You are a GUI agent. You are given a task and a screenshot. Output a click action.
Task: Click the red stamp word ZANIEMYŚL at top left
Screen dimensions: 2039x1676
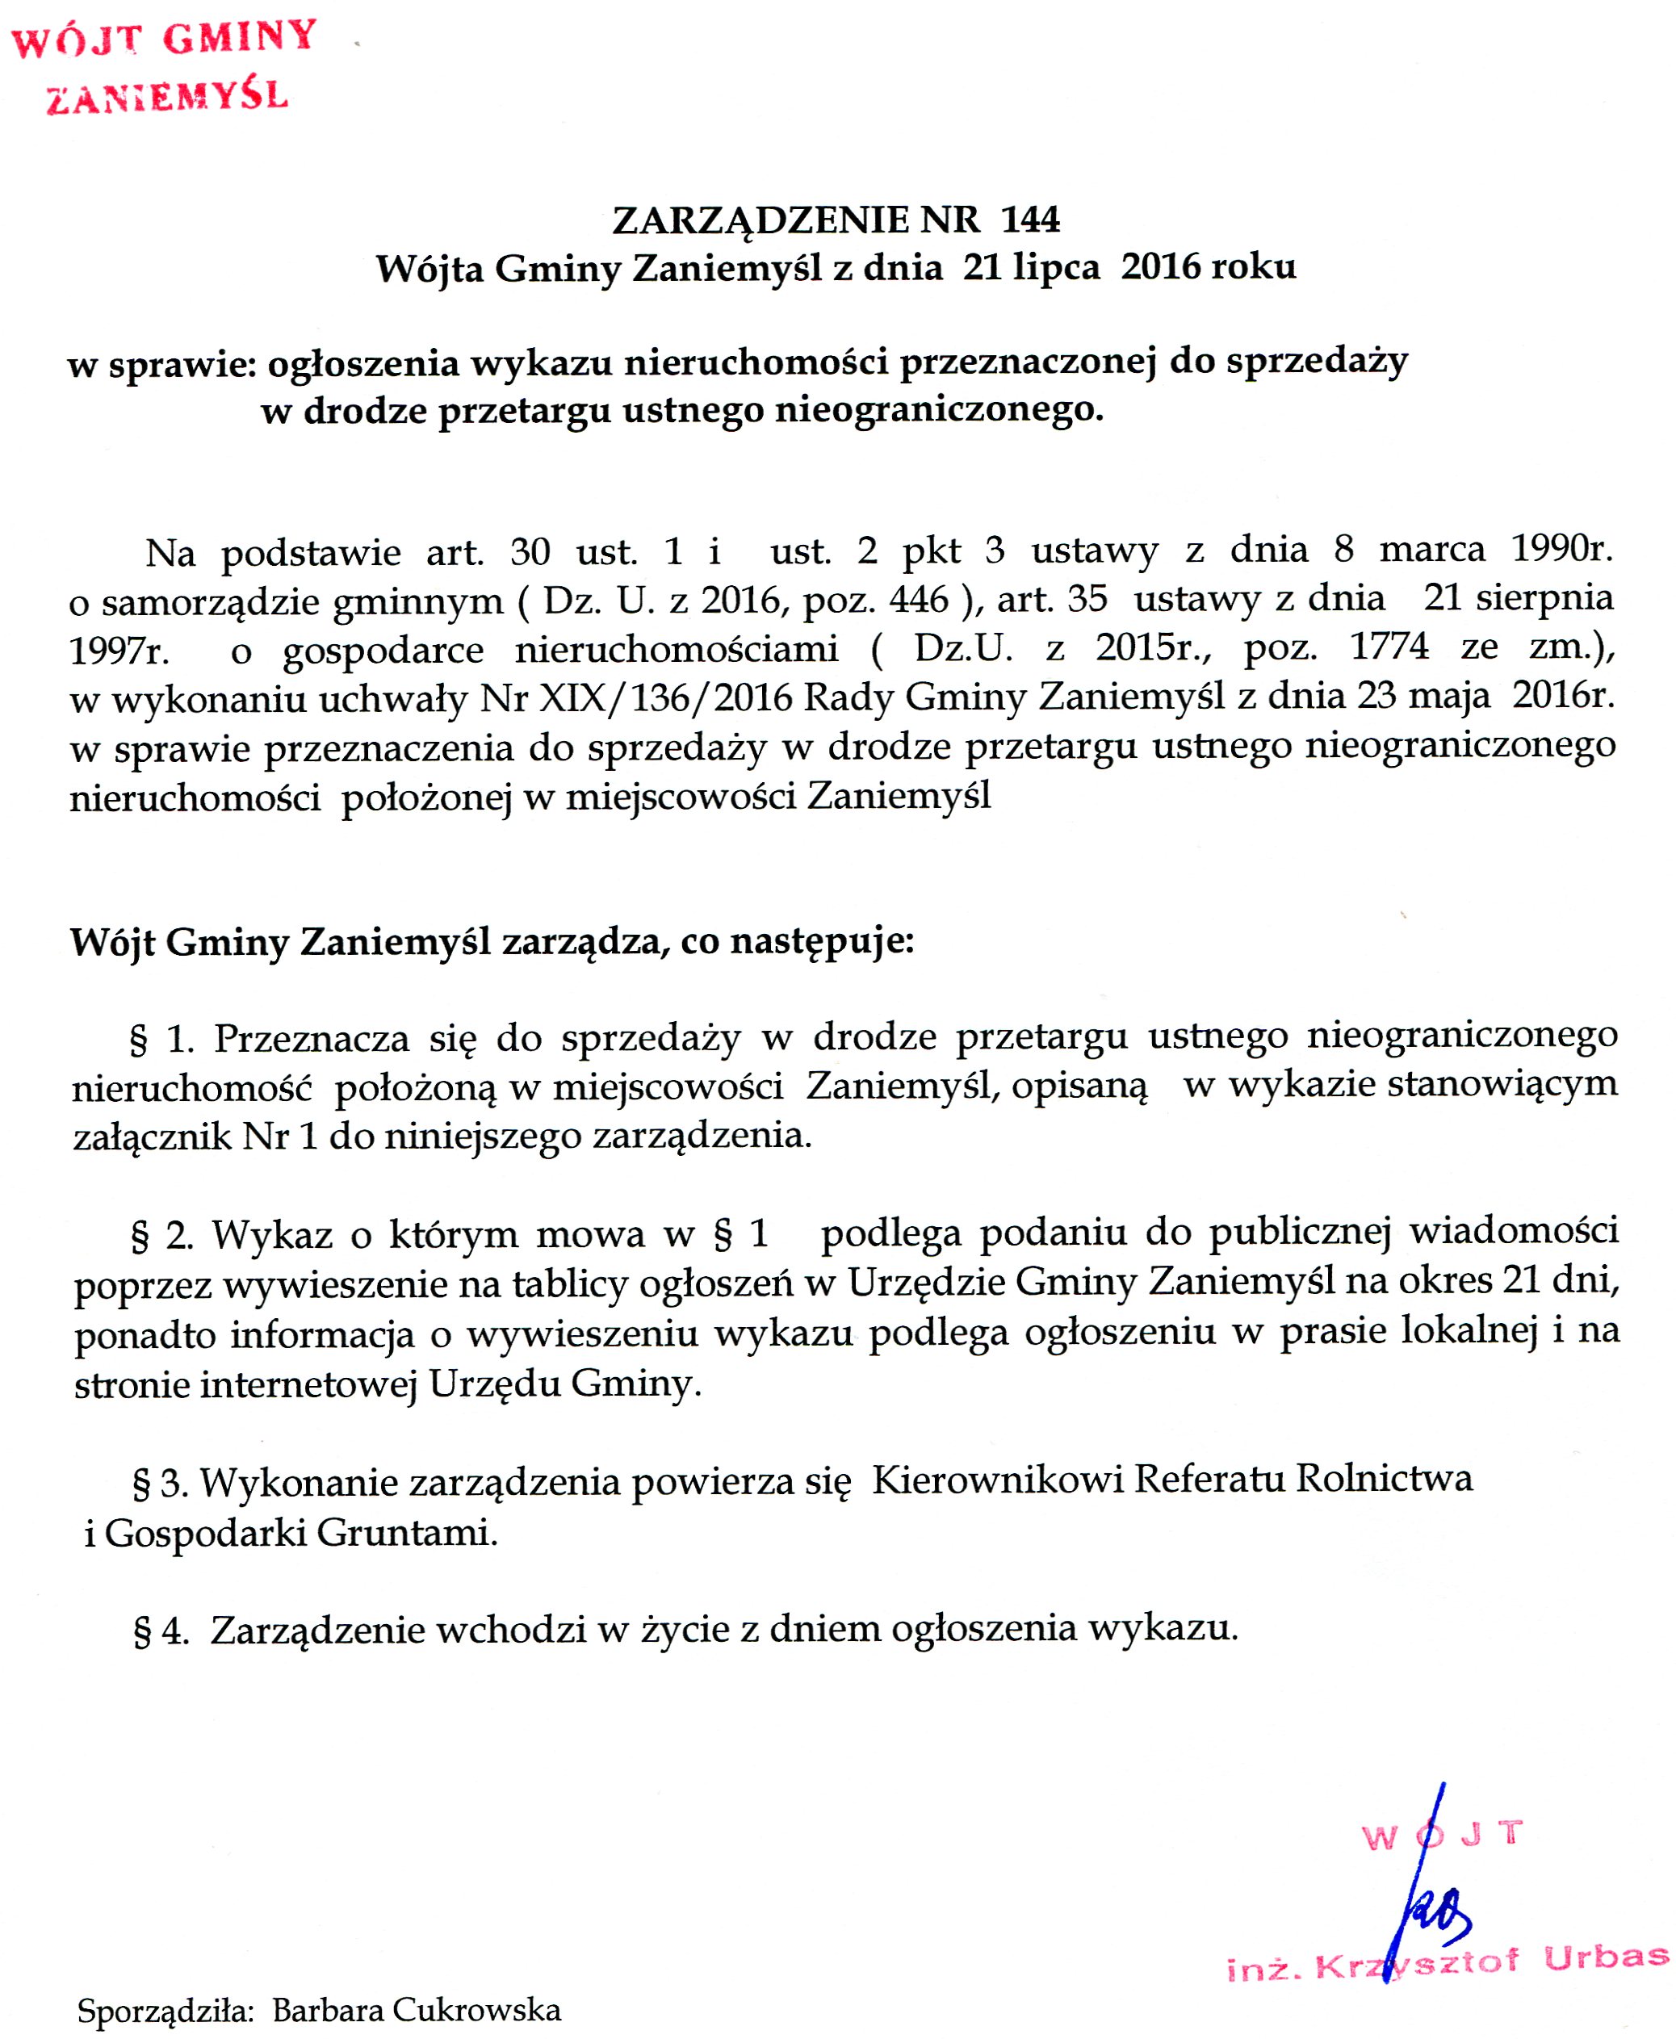pyautogui.click(x=167, y=97)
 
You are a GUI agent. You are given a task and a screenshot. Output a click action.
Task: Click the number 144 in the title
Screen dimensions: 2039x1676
pyautogui.click(x=1030, y=220)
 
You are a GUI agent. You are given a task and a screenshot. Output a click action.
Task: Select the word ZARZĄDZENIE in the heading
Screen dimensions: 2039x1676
pyautogui.click(x=760, y=221)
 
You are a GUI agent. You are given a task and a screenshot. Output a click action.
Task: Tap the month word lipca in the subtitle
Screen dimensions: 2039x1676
pyautogui.click(x=1056, y=266)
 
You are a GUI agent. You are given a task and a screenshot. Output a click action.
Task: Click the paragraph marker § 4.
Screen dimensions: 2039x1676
pyautogui.click(x=159, y=1630)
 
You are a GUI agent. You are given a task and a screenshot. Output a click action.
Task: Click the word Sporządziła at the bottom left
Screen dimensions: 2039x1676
pyautogui.click(x=165, y=2011)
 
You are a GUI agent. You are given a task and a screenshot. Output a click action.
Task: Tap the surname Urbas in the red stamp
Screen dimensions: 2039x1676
pyautogui.click(x=1605, y=1956)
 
